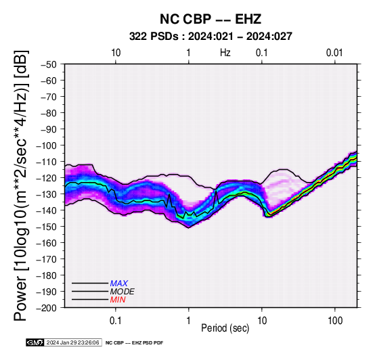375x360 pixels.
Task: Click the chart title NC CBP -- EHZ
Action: pos(211,19)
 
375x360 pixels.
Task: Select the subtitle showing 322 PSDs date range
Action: pos(211,37)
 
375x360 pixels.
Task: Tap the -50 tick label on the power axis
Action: pos(49,64)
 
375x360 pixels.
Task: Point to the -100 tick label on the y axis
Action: pos(47,145)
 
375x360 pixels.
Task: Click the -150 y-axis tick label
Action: pos(47,227)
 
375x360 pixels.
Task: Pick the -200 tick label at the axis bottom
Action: pos(47,308)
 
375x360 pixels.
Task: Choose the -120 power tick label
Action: pos(47,178)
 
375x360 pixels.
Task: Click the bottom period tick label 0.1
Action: pos(116,321)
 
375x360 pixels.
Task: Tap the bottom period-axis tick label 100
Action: pos(335,321)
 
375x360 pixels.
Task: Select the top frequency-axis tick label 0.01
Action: pos(334,53)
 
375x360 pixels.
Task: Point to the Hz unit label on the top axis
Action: pos(225,53)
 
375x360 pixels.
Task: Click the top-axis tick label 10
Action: pos(116,53)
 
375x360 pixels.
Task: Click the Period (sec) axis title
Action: pos(225,328)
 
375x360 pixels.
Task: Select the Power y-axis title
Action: pos(21,185)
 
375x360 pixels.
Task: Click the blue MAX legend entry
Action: pos(118,284)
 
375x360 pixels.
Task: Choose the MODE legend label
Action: pos(122,292)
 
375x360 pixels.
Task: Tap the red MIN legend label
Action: pos(118,300)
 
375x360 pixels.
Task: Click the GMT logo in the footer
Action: pos(35,342)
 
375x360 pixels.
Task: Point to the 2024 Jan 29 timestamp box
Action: pos(73,342)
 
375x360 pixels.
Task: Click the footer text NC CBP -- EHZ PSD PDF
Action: pos(135,343)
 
